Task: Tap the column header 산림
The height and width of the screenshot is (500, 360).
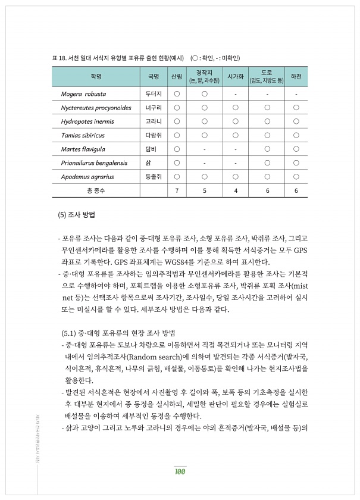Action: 177,77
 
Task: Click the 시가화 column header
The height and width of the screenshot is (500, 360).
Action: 236,77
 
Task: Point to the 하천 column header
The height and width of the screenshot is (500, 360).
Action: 296,77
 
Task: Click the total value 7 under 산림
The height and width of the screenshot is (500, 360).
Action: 177,190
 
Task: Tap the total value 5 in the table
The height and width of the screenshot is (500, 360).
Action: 204,190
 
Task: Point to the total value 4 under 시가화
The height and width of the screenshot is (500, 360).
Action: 236,190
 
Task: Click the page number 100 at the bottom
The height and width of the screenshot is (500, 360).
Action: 180,472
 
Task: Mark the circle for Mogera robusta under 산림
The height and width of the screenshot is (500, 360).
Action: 177,94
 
